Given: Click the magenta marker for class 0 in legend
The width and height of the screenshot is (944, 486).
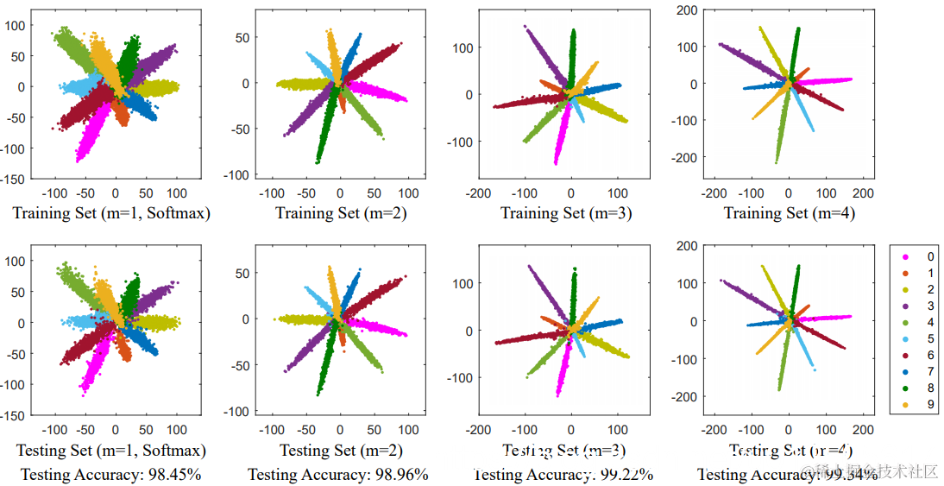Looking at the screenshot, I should [x=904, y=257].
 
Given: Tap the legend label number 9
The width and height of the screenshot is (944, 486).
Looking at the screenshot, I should [x=929, y=405].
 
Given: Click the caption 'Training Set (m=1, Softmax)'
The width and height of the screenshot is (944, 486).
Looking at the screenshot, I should [x=111, y=212].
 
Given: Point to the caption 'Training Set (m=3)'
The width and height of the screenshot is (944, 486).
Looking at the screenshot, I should [x=566, y=212].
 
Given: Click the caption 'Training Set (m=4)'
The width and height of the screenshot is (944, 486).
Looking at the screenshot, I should [x=789, y=212].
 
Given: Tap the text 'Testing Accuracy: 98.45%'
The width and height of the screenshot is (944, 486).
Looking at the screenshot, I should [x=110, y=474].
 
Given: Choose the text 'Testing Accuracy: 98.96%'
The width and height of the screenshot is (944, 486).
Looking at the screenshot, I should [x=337, y=474].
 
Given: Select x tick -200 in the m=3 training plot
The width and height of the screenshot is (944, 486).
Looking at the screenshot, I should [x=479, y=193].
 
